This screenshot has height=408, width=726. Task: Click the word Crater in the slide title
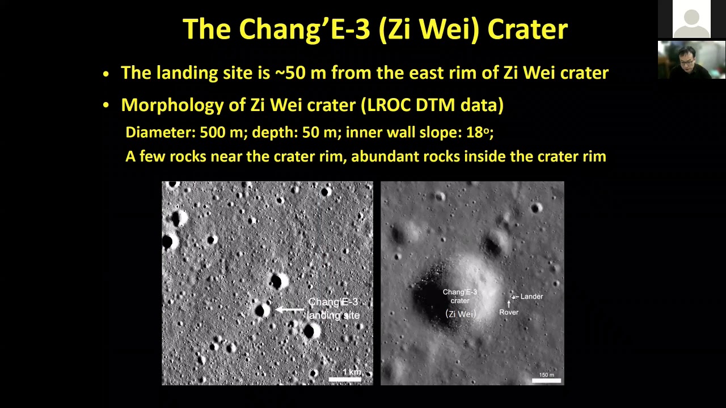coord(527,29)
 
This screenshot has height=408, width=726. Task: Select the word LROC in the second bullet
coord(389,105)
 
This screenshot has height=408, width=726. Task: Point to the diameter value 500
coord(213,133)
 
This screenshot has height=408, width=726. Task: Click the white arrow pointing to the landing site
coord(289,309)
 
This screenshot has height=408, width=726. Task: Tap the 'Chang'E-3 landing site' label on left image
coord(334,309)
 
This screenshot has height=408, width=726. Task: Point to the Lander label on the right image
coord(531,296)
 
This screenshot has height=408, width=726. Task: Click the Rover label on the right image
coord(509,312)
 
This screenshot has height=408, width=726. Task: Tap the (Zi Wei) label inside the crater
coord(460,314)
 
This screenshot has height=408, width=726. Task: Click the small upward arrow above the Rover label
coord(509,304)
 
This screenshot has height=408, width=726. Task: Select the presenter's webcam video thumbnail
coord(691,59)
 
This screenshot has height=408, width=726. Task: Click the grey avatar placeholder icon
coord(691,19)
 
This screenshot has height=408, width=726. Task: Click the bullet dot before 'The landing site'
coord(106,74)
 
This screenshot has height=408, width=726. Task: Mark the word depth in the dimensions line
coord(272,133)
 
